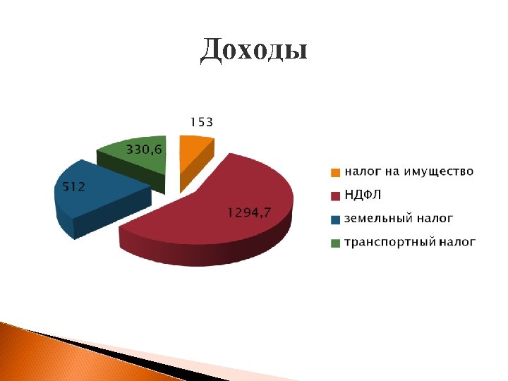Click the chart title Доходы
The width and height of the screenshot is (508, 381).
253,51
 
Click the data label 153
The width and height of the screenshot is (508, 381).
201,122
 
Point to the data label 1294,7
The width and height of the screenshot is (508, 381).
248,212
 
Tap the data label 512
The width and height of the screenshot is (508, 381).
70,187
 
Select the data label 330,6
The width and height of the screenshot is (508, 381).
144,149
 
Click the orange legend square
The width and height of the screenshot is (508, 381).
336,172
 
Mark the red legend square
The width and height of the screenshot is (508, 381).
336,195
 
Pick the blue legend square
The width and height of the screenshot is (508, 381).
336,219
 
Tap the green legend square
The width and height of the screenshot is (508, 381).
336,243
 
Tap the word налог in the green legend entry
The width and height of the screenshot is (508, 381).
457,243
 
